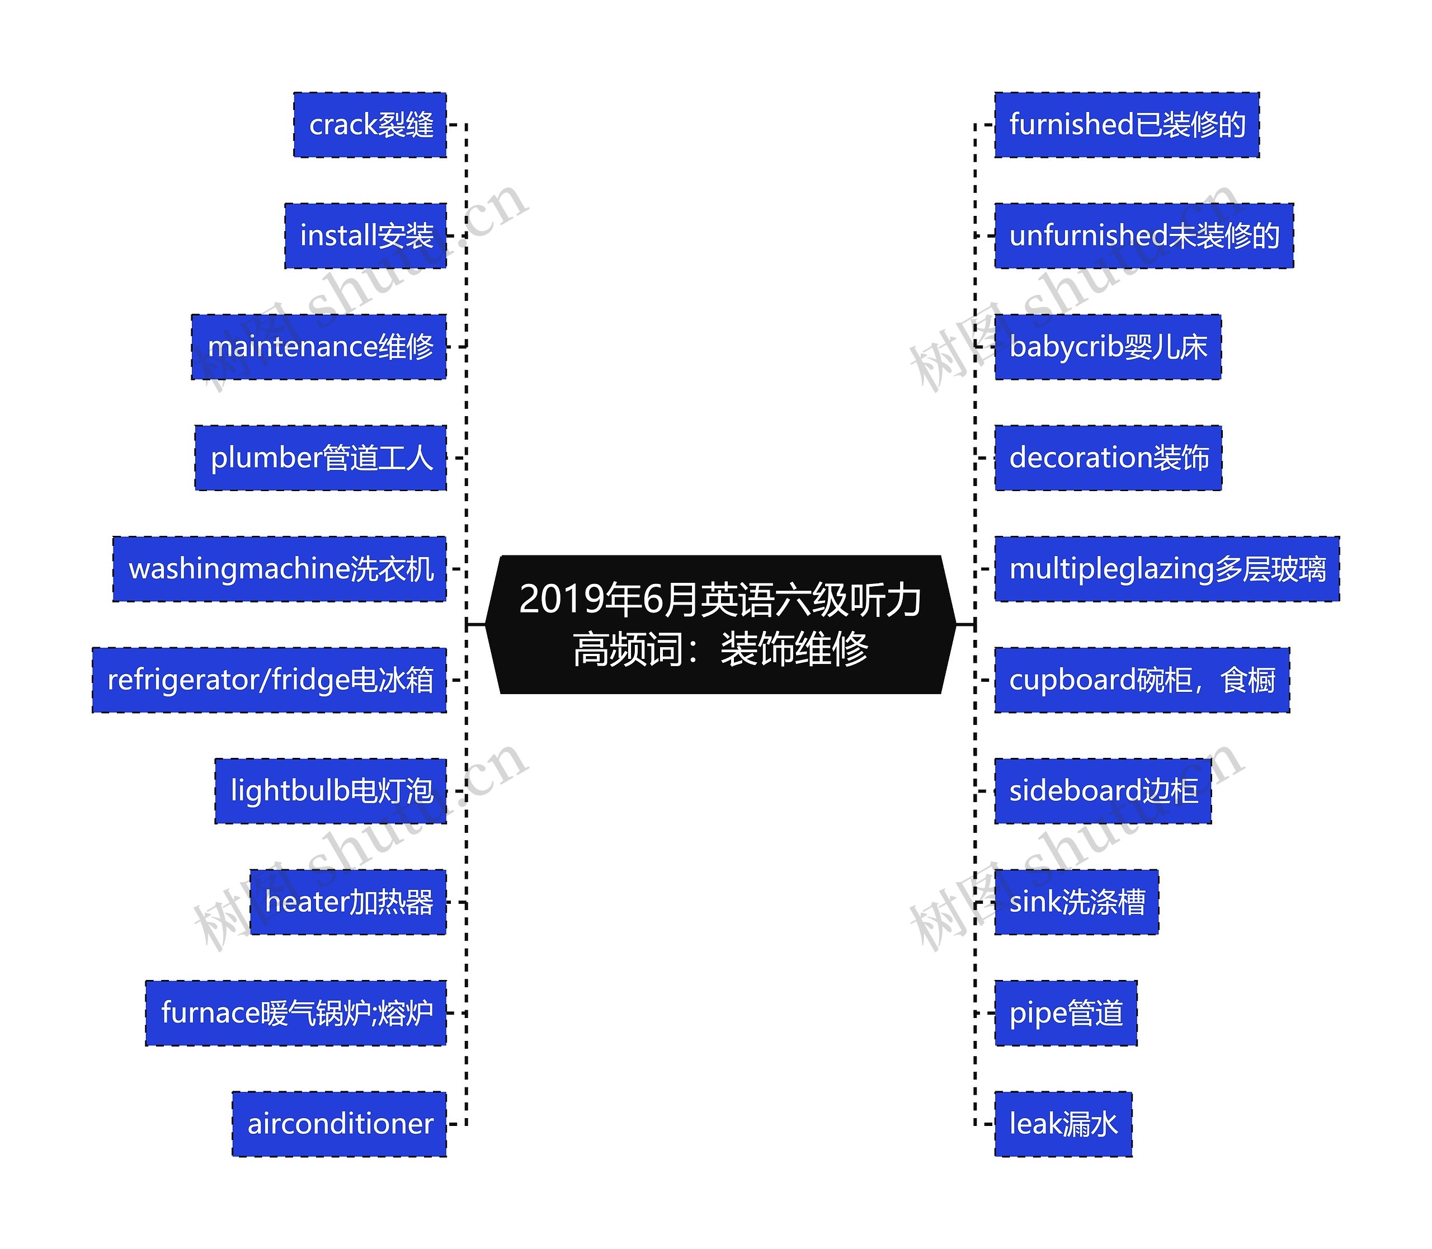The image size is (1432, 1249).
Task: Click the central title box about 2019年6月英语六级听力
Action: [x=720, y=624]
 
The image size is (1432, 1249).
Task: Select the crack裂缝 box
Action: [x=370, y=125]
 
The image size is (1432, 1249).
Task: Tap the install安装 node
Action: [x=365, y=235]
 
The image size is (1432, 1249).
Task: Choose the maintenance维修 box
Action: [x=319, y=346]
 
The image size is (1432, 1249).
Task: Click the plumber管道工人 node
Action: [x=321, y=458]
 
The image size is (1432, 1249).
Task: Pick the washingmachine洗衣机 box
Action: [x=280, y=569]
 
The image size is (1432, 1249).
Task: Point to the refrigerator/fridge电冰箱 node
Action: [x=269, y=680]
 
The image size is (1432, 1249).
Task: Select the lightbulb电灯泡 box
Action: [x=331, y=790]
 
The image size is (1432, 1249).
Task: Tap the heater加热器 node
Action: [x=348, y=902]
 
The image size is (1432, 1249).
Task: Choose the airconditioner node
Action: [x=339, y=1124]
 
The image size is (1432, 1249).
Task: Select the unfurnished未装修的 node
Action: [x=1143, y=235]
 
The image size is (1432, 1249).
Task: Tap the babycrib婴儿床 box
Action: [x=1107, y=346]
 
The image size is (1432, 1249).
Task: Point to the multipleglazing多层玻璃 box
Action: [x=1166, y=569]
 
